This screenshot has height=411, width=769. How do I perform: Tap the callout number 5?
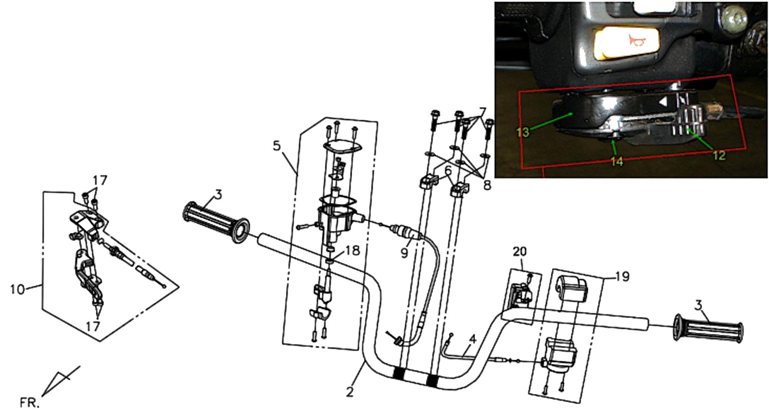pyautogui.click(x=277, y=146)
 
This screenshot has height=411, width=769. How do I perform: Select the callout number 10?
pyautogui.click(x=17, y=290)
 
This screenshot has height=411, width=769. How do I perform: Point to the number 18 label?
pyautogui.click(x=353, y=251)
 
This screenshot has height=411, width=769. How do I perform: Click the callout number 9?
pyautogui.click(x=404, y=253)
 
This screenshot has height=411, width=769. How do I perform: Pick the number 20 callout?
pyautogui.click(x=520, y=252)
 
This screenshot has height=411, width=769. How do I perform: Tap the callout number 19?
pyautogui.click(x=623, y=276)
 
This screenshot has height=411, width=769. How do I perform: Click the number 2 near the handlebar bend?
pyautogui.click(x=350, y=392)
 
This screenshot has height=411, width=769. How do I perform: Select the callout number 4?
pyautogui.click(x=473, y=340)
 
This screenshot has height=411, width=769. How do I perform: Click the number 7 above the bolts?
pyautogui.click(x=482, y=112)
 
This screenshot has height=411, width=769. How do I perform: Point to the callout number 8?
pyautogui.click(x=487, y=185)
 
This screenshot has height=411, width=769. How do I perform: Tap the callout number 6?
pyautogui.click(x=448, y=170)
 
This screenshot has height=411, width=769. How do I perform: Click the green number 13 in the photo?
pyautogui.click(x=522, y=132)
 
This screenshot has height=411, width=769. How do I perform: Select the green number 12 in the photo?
pyautogui.click(x=719, y=155)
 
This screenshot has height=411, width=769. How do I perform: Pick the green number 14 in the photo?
pyautogui.click(x=617, y=161)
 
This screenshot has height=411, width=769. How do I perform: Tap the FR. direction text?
pyautogui.click(x=29, y=402)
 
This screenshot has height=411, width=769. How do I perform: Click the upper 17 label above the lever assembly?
pyautogui.click(x=100, y=180)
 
